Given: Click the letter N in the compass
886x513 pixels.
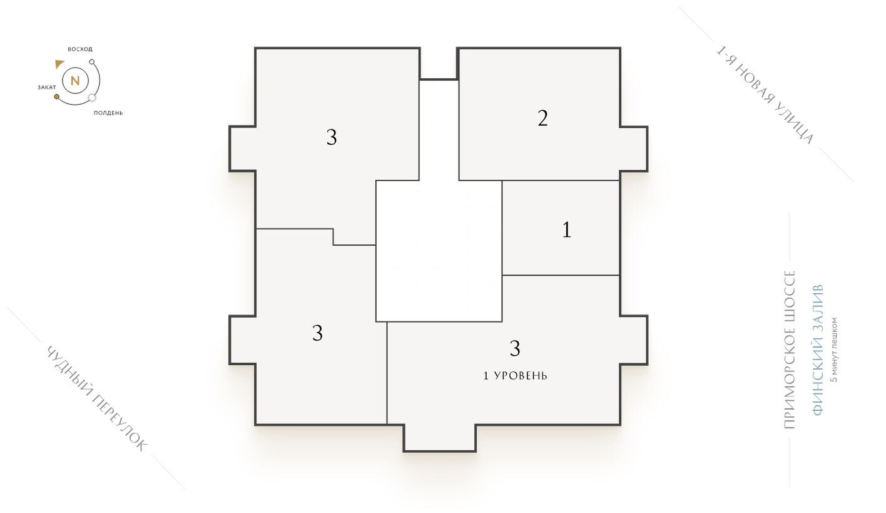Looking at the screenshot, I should pos(75,81).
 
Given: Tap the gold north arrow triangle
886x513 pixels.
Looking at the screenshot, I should pos(59,63).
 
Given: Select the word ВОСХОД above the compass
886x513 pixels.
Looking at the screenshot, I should pos(80,49).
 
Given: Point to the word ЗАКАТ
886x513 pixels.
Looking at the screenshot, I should pos(47,87).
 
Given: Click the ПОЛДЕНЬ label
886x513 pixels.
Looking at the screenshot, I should pos(108,113).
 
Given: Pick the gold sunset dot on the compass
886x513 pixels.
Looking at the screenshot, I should pos(57,97).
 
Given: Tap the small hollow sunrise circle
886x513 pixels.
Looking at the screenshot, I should pos(92,62).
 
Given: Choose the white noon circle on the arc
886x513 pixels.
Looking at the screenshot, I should pos(92,97).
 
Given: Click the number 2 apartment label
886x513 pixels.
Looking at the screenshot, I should pos(542,118).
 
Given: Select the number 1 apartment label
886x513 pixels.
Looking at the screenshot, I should pos(567,231).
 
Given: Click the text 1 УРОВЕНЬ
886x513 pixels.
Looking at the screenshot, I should pos(516,376).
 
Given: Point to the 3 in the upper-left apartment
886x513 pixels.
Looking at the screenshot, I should pos(332,137).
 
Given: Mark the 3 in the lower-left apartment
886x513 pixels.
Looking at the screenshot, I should pos(318,333).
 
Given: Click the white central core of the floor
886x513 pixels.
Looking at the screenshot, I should pos(439,251).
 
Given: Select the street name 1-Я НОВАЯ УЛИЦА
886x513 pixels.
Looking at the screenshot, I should pos(765,95).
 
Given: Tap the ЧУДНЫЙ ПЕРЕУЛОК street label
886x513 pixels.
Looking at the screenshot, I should pos(97,398).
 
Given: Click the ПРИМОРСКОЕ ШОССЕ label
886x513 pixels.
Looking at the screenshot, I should pos(790,350).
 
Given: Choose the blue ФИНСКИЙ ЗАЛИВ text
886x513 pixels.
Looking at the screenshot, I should pos(817,350).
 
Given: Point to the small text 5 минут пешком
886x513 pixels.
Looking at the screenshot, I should pos(833,350).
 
